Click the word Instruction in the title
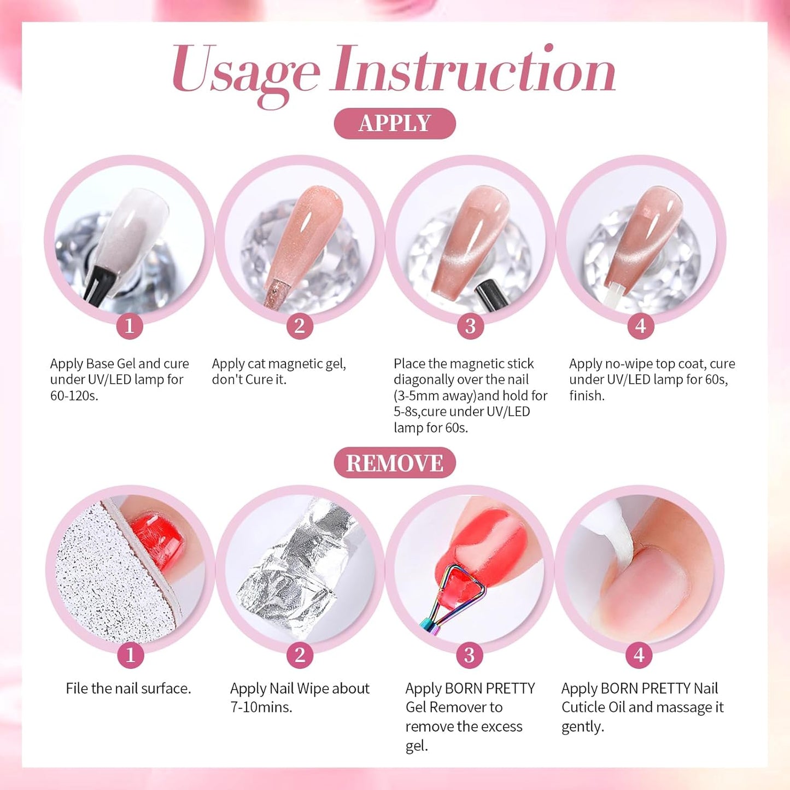click(473, 70)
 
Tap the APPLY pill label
click(395, 124)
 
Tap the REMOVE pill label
click(395, 463)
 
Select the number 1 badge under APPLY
click(130, 326)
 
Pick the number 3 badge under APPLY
click(470, 326)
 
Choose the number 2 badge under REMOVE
click(300, 655)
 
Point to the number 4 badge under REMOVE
click(639, 655)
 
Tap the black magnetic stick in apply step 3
click(485, 295)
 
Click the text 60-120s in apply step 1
click(74, 396)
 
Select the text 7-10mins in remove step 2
click(261, 707)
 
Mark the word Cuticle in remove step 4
click(584, 707)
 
